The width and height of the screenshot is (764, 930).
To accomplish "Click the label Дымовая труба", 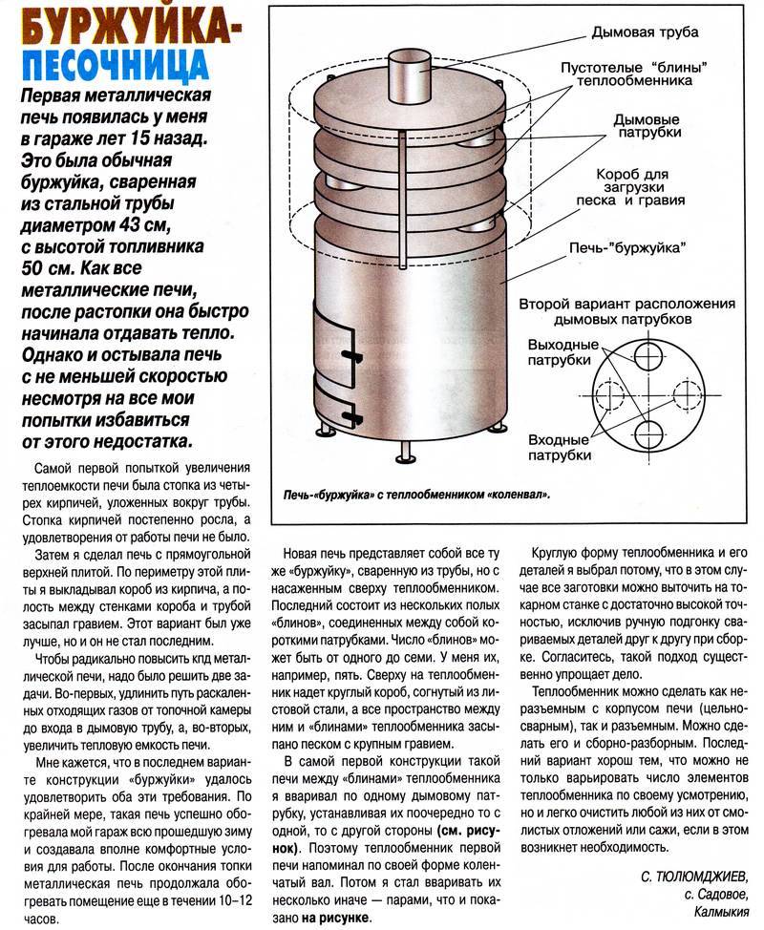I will click(x=646, y=32).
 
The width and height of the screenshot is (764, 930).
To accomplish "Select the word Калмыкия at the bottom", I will click(x=711, y=913).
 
